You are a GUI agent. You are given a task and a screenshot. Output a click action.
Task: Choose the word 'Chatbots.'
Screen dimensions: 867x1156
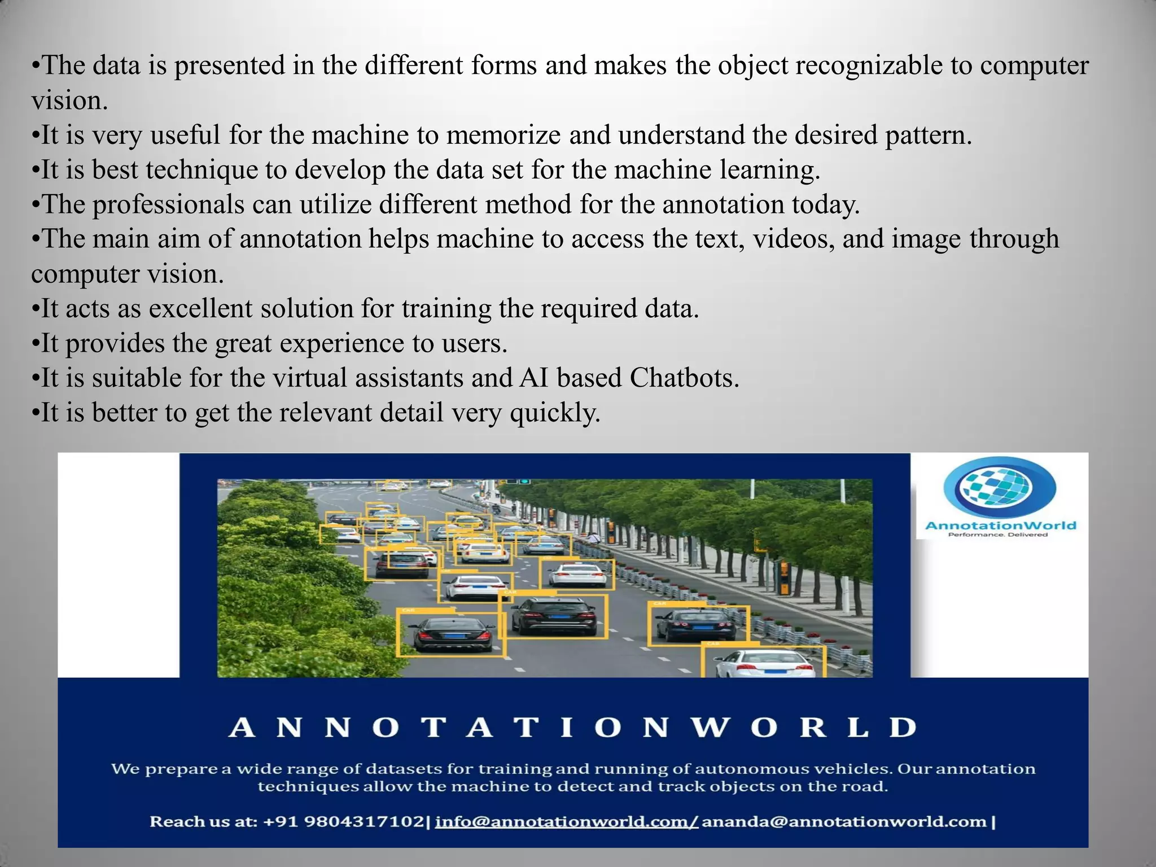684,378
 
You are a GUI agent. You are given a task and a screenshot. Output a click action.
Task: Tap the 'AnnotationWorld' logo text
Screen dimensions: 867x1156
1000,526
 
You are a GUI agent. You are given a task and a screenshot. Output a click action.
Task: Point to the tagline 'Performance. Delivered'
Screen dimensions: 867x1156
997,535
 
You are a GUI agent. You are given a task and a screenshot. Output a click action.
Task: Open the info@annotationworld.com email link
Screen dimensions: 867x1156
566,821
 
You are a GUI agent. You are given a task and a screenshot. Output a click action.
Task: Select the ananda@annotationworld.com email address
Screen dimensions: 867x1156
843,821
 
